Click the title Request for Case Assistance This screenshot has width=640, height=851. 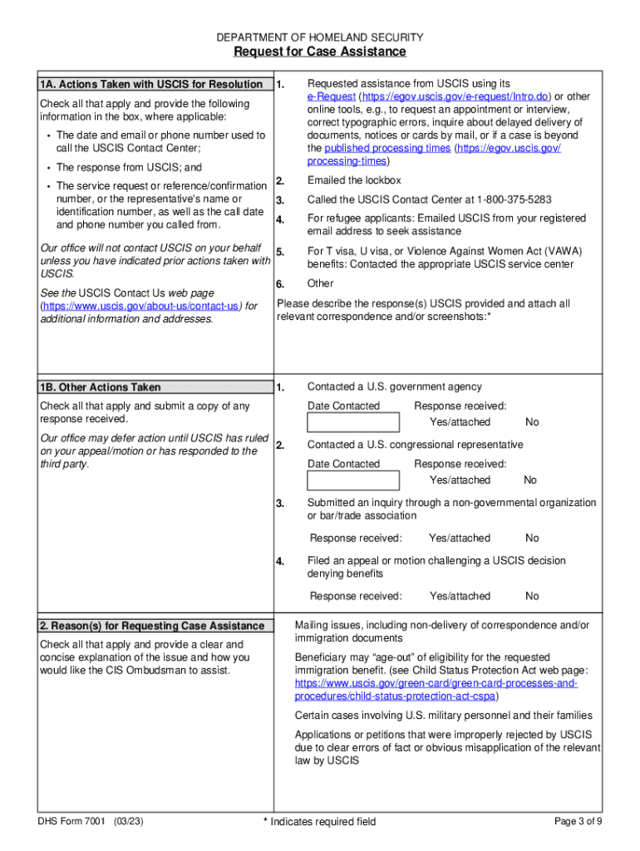point(320,52)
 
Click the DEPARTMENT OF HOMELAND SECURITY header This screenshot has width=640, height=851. point(320,37)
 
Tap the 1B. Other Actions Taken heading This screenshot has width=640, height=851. point(100,387)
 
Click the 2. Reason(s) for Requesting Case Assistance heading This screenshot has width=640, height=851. point(151,626)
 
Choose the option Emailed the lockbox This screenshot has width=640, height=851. point(354,180)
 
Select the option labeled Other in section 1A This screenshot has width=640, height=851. point(321,283)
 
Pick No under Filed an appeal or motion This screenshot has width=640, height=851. point(532,596)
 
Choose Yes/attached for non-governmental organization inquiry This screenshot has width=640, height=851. point(460,538)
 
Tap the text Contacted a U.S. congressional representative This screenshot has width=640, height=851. point(415,445)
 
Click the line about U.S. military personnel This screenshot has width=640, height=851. point(444,716)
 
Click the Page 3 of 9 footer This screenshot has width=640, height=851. point(578,821)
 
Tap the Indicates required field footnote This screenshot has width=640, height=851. point(319,822)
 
